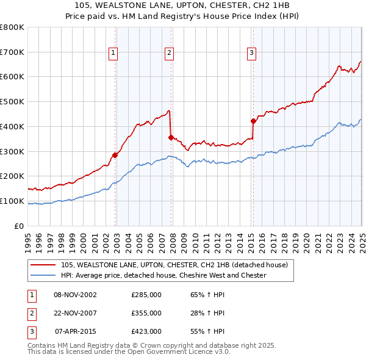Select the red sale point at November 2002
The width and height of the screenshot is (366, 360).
point(115,154)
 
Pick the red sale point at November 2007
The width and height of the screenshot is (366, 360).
point(171,137)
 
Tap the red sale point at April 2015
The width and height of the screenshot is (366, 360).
point(253,121)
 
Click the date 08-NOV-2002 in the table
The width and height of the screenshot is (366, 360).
point(75,295)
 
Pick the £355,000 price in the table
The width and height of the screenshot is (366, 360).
point(146,313)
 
